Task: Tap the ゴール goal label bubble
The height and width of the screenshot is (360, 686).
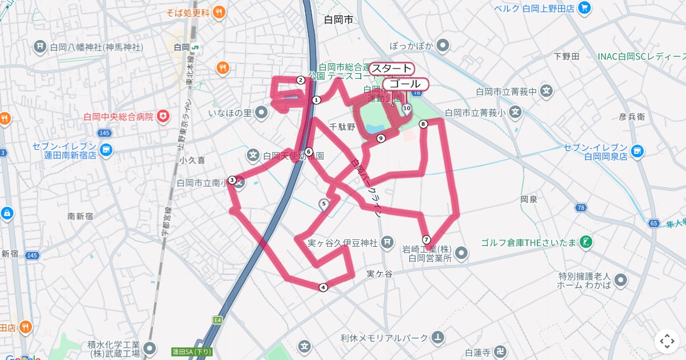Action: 405,84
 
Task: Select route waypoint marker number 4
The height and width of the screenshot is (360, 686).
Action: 324,287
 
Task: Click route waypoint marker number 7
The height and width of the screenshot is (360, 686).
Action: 426,239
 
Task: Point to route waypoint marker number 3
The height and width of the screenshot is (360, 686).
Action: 232,180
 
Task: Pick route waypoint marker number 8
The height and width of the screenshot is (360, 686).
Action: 423,124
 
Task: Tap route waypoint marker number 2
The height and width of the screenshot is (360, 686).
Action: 300,80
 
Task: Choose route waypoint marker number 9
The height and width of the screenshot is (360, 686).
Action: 381,138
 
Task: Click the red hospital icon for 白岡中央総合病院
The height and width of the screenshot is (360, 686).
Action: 164,117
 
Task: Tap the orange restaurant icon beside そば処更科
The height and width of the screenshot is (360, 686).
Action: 218,11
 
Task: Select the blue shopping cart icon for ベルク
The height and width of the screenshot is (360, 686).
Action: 584,8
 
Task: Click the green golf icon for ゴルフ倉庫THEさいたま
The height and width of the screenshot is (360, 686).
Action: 585,242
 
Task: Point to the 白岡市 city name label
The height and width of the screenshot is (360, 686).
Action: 338,21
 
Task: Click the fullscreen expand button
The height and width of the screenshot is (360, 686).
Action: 667,341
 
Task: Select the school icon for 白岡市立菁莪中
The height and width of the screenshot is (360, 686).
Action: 547,91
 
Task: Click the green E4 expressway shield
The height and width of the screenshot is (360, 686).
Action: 218,320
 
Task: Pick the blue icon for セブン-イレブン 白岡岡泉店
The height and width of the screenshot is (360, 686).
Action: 638,151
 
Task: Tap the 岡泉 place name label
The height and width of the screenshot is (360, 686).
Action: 529,199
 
